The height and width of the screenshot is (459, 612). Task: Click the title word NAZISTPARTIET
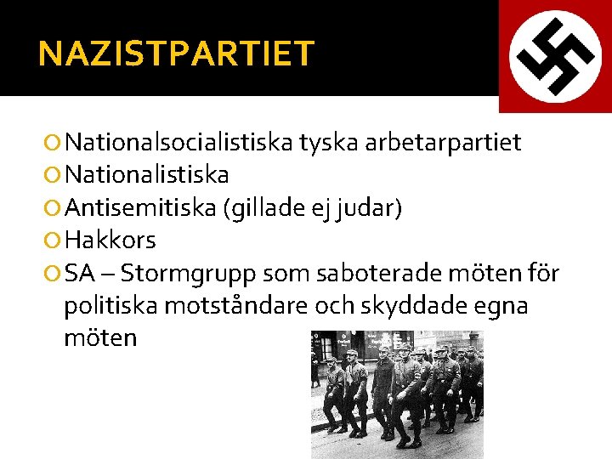coord(176,54)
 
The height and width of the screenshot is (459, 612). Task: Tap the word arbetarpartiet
coord(443,142)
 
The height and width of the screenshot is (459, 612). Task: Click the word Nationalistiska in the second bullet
coord(147,175)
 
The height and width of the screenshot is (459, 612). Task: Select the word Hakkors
coord(110,241)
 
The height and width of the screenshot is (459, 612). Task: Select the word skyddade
coord(419,306)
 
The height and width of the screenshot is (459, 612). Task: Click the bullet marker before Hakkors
coord(54,241)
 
